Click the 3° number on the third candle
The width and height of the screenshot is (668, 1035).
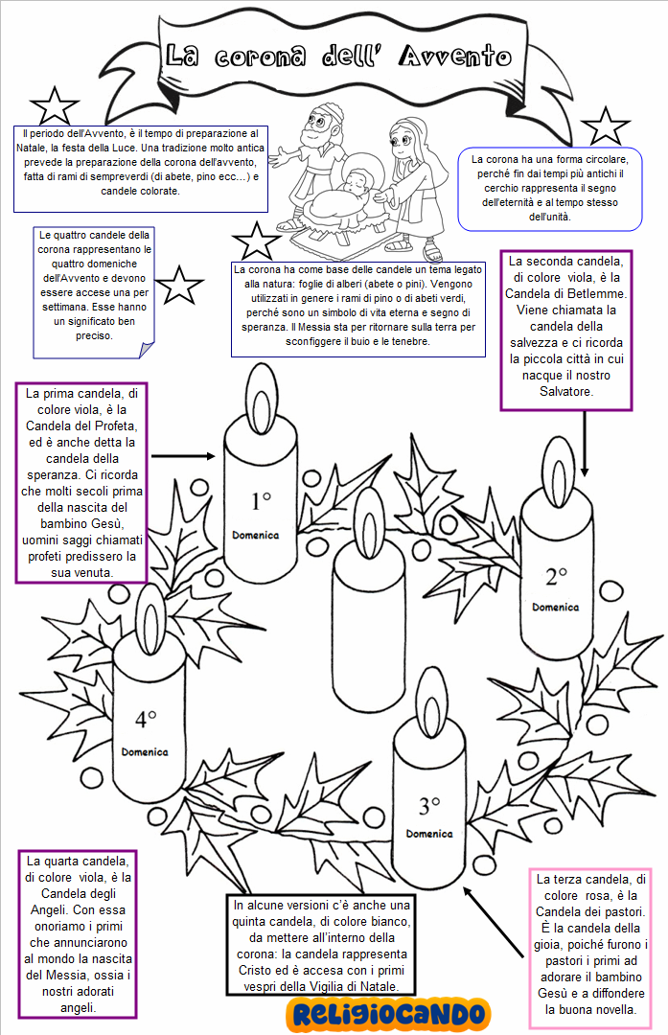[428, 804]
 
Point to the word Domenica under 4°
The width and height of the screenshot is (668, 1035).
[145, 752]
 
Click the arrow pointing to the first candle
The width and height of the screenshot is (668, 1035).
[183, 458]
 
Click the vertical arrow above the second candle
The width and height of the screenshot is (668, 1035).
[585, 441]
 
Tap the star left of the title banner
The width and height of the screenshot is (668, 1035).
[54, 107]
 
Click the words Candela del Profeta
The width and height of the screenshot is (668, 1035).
[81, 425]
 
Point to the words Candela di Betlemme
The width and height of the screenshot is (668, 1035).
[568, 294]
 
